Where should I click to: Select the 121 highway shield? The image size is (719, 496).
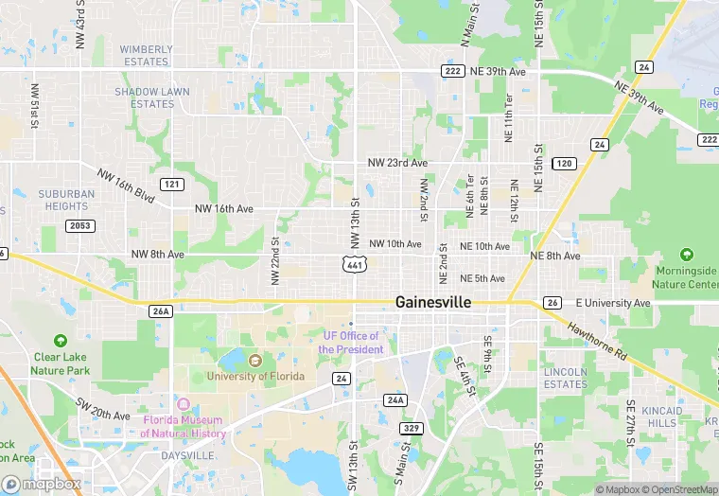point(171,184)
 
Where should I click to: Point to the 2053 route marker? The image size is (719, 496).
point(79,225)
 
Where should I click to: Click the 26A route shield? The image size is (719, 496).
point(161,310)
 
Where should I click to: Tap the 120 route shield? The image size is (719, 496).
point(564,164)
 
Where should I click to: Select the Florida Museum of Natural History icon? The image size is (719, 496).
point(184,404)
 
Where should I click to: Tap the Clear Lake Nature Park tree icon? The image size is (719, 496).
point(61,340)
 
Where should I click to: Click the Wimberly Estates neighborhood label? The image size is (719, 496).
point(146,55)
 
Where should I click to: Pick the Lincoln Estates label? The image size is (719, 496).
point(566,378)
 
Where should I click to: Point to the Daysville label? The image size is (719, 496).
point(186,455)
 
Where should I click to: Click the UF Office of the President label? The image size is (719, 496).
point(350,343)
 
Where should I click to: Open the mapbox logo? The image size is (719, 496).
point(40,484)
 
